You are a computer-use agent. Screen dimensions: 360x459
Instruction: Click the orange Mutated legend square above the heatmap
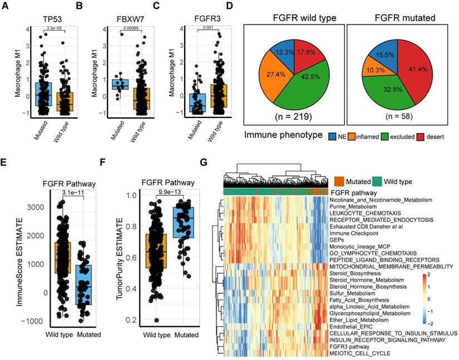click(339, 180)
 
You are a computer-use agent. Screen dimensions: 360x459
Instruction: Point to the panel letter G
click(204, 163)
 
